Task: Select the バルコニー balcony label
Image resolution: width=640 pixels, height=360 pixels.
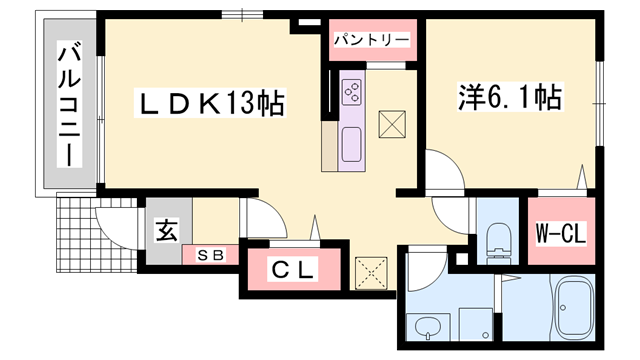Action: point(69,104)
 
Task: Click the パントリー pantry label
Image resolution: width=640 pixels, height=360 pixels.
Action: point(371,40)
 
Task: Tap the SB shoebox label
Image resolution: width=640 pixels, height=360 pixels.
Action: point(211,255)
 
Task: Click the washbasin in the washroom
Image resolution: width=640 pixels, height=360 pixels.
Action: point(428,326)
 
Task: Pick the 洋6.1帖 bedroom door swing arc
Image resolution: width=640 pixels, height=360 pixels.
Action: point(442,164)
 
